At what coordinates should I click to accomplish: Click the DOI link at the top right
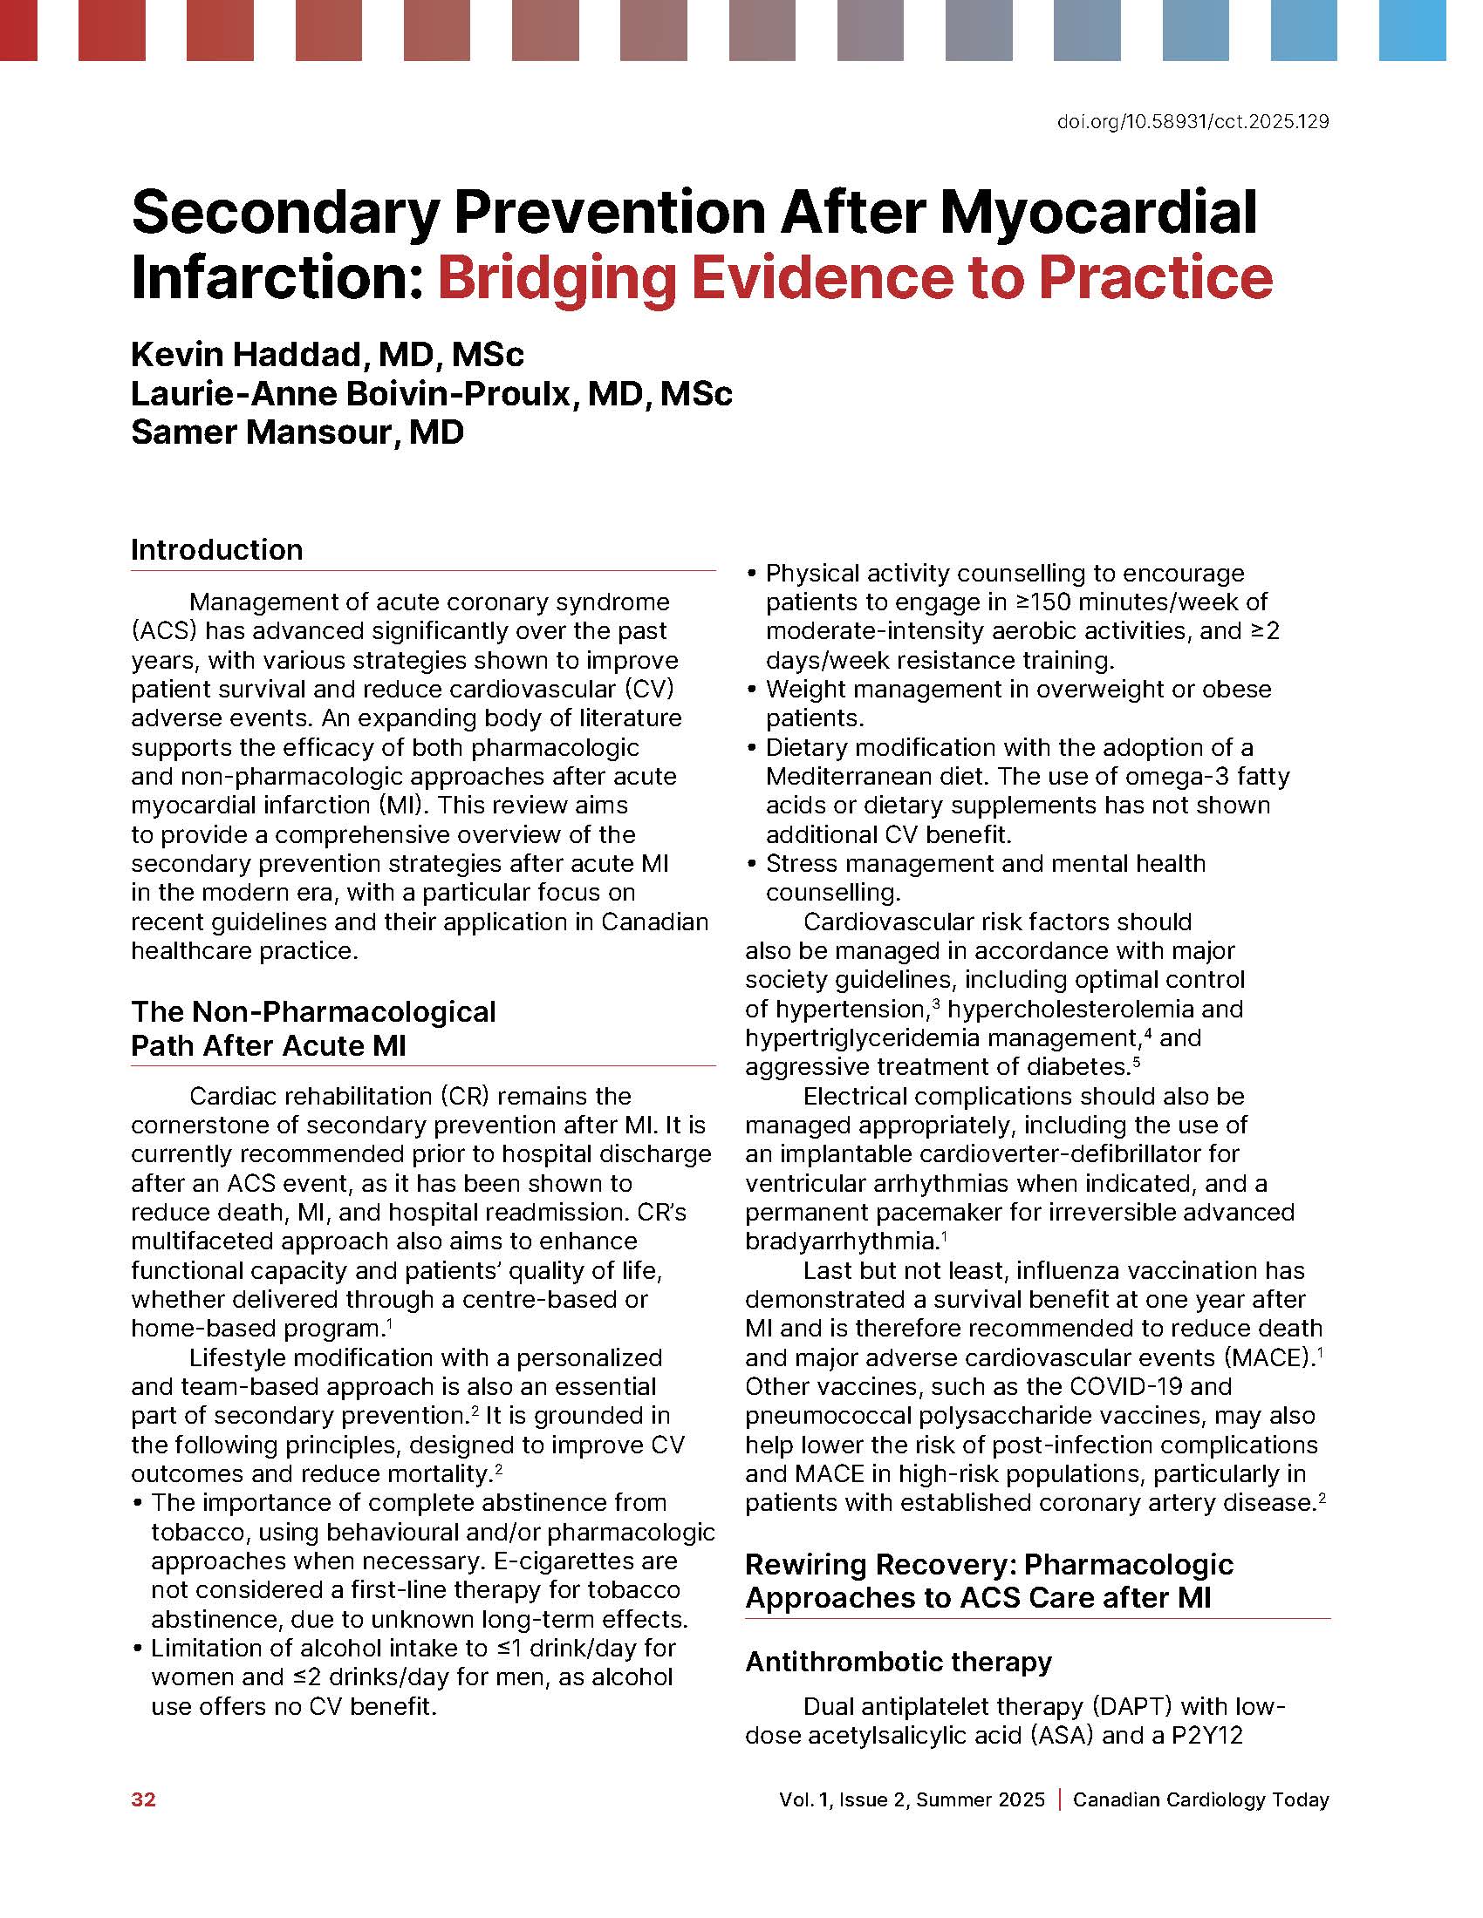[x=1193, y=122]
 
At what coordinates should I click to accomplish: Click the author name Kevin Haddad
[x=245, y=355]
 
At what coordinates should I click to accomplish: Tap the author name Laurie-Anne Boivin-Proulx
[x=352, y=393]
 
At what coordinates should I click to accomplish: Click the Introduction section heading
[x=217, y=550]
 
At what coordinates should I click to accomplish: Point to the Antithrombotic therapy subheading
[x=898, y=1662]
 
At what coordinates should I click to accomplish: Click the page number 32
[x=143, y=1799]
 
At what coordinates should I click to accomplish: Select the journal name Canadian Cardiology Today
[x=1200, y=1799]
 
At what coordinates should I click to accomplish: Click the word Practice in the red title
[x=1155, y=278]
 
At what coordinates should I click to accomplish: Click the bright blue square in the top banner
[x=1411, y=31]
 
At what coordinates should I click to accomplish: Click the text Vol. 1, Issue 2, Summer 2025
[x=911, y=1799]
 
